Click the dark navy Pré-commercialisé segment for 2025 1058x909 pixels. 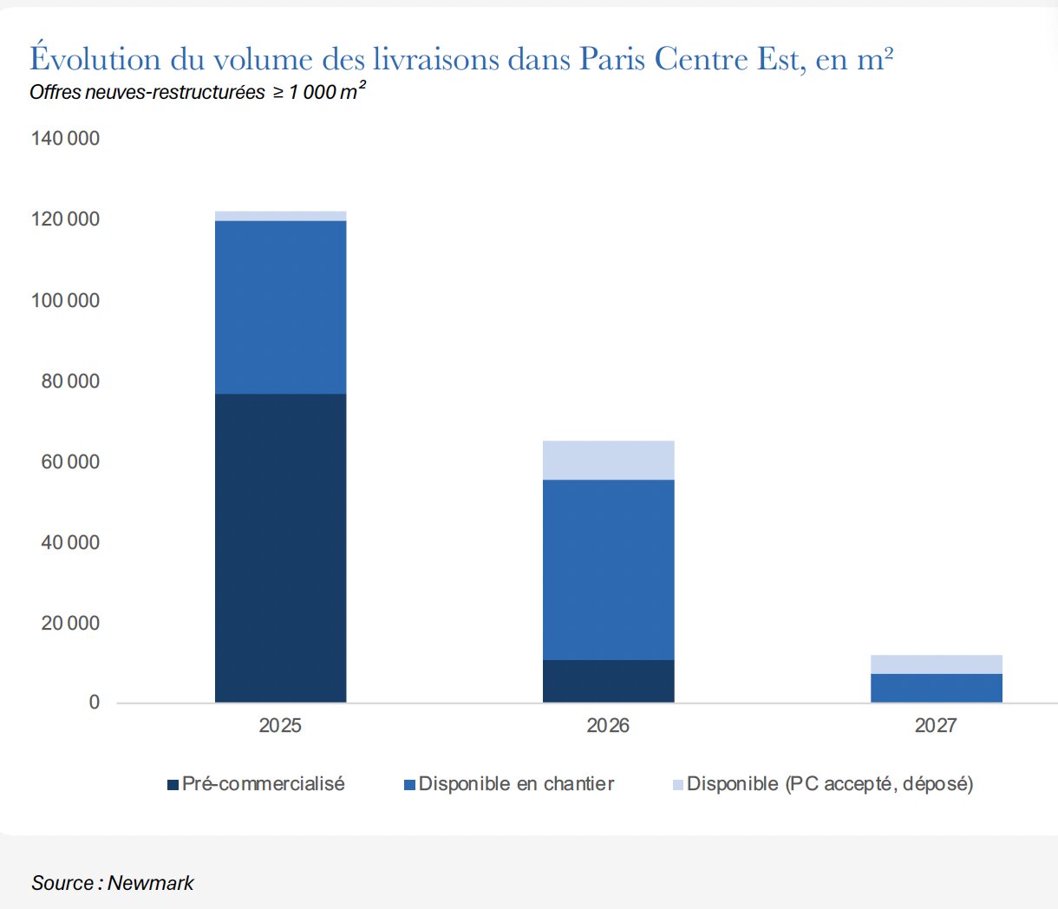(x=280, y=547)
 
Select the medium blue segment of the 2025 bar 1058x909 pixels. (x=280, y=307)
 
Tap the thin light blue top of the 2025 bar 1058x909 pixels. (x=280, y=216)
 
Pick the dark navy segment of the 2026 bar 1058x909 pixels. (x=608, y=681)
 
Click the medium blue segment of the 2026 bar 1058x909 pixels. (x=608, y=569)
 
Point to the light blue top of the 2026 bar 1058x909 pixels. (x=608, y=460)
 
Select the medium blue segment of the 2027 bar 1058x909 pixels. (x=936, y=688)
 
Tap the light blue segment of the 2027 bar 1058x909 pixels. (x=936, y=664)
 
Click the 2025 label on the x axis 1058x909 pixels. (x=280, y=726)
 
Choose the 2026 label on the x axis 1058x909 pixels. (x=608, y=726)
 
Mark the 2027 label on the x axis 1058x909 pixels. (x=936, y=726)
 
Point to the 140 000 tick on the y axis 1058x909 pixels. (x=65, y=139)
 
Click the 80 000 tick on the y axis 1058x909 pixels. (x=70, y=381)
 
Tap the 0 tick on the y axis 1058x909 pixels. (x=95, y=703)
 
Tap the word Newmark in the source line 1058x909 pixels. (x=151, y=883)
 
